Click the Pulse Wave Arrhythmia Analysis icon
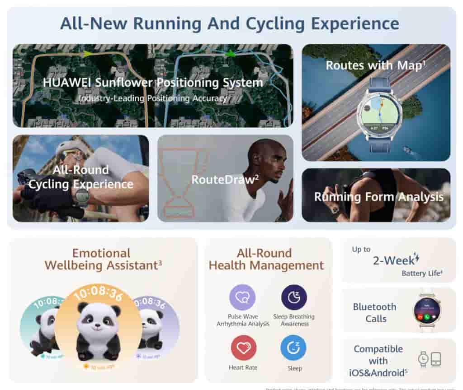(x=242, y=297)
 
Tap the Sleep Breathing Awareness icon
(x=294, y=297)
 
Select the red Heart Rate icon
(x=243, y=348)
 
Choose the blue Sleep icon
(x=293, y=348)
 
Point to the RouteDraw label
(x=225, y=180)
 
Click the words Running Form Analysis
(x=378, y=197)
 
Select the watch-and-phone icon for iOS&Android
(x=429, y=359)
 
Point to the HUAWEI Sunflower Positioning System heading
(x=153, y=83)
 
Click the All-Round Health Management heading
(x=266, y=260)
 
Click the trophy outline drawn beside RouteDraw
(x=183, y=181)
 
